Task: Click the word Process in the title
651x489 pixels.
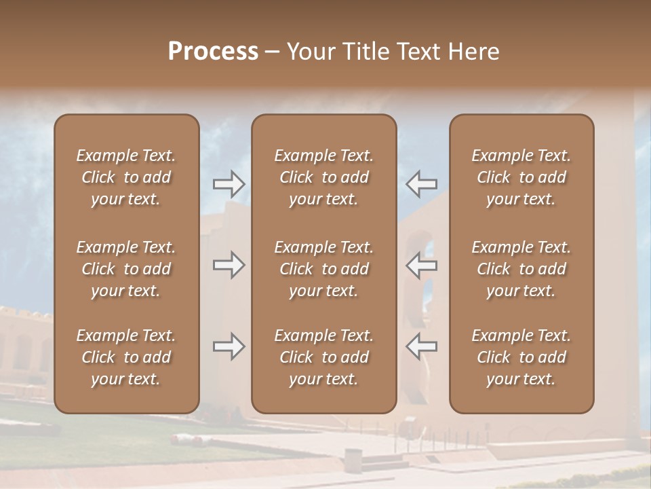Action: [x=213, y=52]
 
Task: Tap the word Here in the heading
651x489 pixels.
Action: [x=473, y=52]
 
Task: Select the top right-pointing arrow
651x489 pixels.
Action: [x=229, y=183]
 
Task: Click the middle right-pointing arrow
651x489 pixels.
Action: [x=229, y=265]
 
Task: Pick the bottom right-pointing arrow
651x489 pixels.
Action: [x=229, y=346]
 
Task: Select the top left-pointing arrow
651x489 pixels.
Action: [x=422, y=183]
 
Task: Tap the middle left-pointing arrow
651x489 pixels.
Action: [x=422, y=265]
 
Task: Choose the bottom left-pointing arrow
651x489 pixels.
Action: [x=422, y=346]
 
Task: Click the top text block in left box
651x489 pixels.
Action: [x=126, y=177]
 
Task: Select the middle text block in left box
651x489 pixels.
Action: [x=126, y=269]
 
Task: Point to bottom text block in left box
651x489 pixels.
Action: [x=126, y=357]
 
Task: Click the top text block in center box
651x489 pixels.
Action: [x=323, y=177]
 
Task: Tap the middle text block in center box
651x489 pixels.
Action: [x=323, y=269]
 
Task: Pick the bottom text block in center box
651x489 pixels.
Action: [x=323, y=357]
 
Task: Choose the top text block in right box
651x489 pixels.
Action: [x=521, y=177]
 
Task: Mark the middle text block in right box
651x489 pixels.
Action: [x=521, y=269]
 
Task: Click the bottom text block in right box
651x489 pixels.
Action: [x=521, y=357]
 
